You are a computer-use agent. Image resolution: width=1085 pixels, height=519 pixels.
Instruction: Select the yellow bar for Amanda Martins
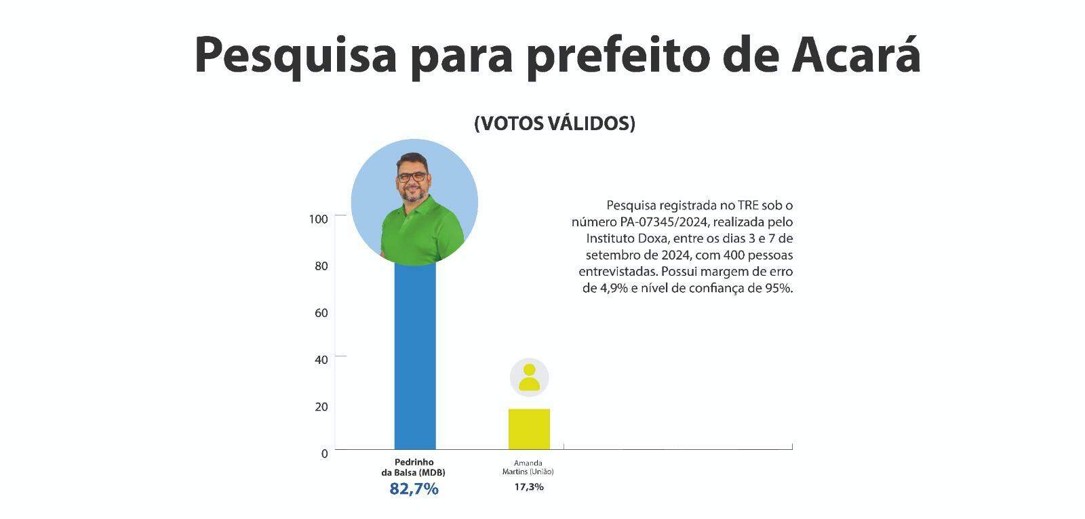pos(529,429)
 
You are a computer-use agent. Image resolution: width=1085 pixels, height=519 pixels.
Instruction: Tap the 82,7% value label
pos(414,489)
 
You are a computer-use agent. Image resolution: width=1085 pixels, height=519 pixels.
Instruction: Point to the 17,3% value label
pos(528,486)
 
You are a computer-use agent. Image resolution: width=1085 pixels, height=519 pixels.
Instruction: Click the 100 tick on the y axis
pos(318,219)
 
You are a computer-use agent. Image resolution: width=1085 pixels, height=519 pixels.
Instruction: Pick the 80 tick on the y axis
pos(321,266)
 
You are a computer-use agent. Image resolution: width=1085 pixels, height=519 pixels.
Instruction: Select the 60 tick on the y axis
pos(321,312)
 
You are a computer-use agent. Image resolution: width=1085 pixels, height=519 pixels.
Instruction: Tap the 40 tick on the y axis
pos(321,359)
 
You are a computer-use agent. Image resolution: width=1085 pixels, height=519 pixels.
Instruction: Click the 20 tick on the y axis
pos(321,407)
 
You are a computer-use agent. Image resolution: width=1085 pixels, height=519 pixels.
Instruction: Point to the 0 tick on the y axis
pos(324,453)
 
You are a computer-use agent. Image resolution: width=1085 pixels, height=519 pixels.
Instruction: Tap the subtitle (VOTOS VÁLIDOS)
pos(555,123)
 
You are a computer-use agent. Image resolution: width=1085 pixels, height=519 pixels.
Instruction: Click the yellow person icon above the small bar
pos(529,377)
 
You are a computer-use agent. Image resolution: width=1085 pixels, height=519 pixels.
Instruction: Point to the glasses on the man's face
pos(412,177)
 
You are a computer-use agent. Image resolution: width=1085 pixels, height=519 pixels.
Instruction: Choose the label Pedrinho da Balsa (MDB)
pos(414,468)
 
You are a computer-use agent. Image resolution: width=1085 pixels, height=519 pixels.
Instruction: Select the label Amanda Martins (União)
pos(528,468)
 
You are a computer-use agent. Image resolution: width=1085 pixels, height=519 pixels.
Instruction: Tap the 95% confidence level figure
pos(778,288)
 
